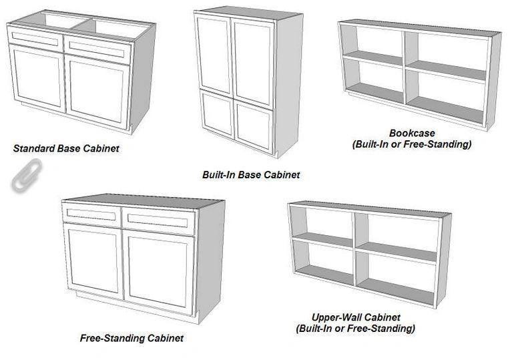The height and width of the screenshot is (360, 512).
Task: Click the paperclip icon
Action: tap(21, 176)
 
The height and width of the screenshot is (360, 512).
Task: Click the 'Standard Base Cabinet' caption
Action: tap(66, 148)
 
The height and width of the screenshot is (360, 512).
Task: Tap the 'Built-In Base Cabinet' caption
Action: tap(251, 175)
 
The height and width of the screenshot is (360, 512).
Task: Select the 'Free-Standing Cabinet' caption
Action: tap(132, 338)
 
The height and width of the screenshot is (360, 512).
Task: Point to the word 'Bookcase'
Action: tap(411, 134)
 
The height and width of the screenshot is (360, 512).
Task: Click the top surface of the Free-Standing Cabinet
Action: tap(144, 200)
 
